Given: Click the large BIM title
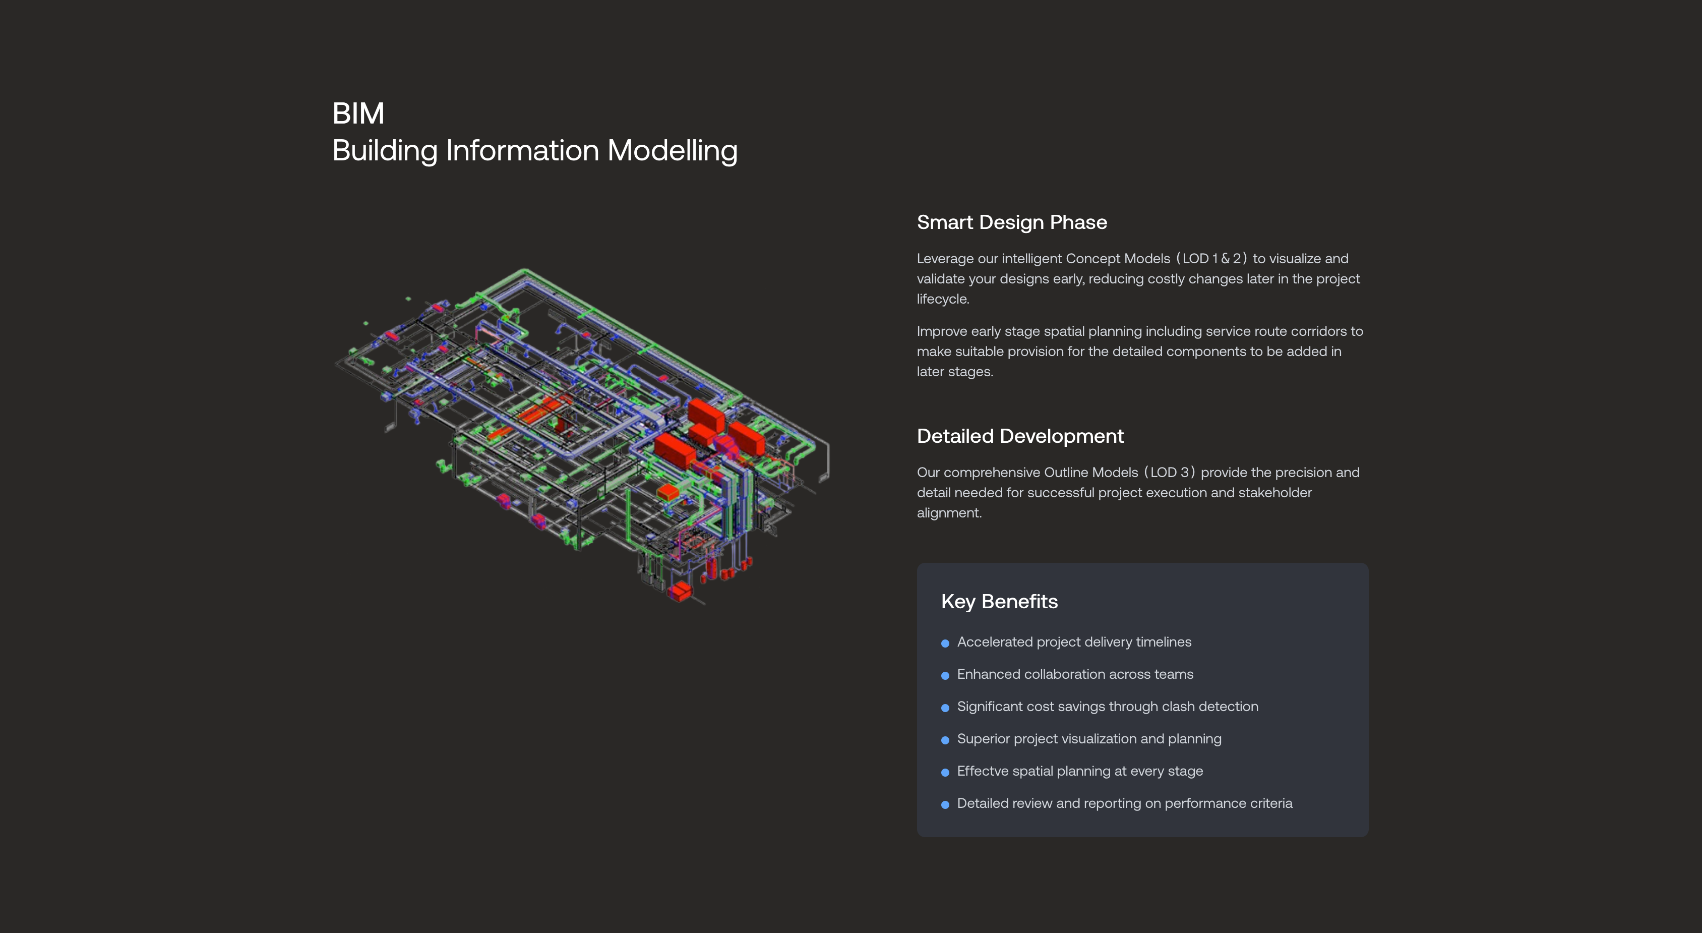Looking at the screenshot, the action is (x=358, y=113).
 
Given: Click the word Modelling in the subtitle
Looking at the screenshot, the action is (x=672, y=151).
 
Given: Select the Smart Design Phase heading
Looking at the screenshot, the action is (x=1011, y=223).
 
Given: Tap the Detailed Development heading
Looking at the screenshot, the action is (x=1020, y=436).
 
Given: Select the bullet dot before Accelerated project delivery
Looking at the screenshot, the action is (x=945, y=644).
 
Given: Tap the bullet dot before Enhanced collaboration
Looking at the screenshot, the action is (x=945, y=675).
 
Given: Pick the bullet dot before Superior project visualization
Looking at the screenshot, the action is (x=945, y=740).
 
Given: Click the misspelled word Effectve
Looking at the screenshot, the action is (x=983, y=771).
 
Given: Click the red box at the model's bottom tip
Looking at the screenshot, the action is (x=679, y=592).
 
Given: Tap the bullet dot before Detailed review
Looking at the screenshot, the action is (x=945, y=805).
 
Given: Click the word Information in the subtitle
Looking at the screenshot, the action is (x=522, y=151).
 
